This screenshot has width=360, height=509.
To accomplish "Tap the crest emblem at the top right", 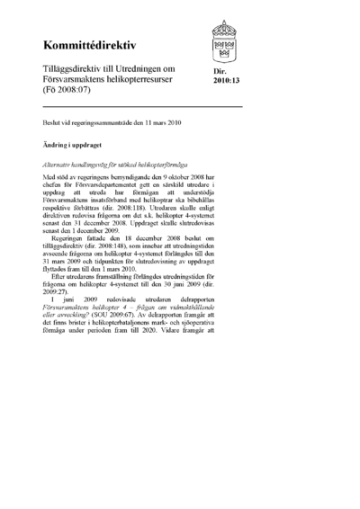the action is [224, 39].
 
